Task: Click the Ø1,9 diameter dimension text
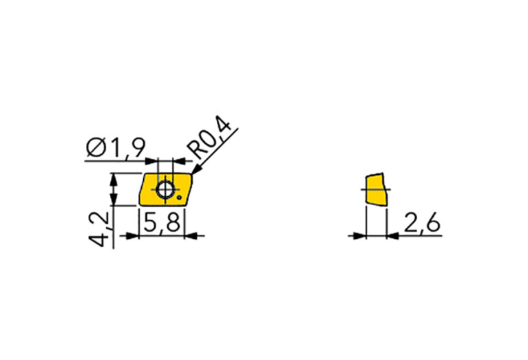click(116, 148)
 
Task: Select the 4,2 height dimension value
click(98, 229)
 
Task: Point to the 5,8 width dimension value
click(161, 222)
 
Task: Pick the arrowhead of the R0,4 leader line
click(196, 170)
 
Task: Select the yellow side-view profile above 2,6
click(376, 189)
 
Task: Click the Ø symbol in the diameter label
click(96, 148)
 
